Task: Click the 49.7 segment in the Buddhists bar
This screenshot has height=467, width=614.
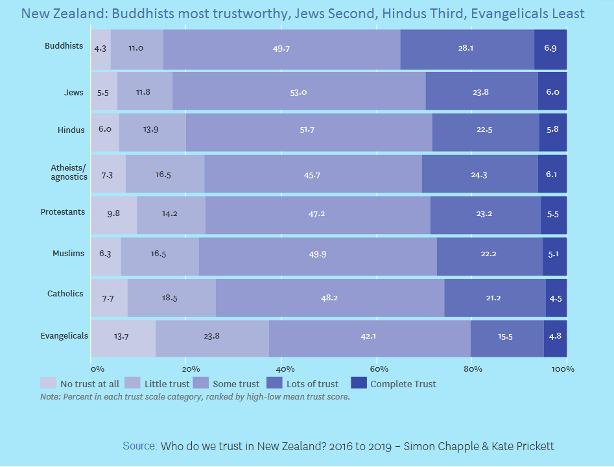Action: (x=281, y=48)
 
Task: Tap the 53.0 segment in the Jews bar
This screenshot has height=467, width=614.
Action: (x=299, y=92)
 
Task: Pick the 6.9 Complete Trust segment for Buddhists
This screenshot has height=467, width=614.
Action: (x=550, y=48)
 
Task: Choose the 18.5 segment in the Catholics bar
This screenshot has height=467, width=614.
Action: (x=171, y=298)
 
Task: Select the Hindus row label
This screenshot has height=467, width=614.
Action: (x=71, y=130)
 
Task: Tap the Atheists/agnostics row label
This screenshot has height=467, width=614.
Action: (x=69, y=172)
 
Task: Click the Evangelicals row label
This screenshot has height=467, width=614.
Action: (x=64, y=335)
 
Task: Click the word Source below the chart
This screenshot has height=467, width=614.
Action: (x=139, y=446)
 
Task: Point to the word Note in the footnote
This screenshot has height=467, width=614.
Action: (x=49, y=396)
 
